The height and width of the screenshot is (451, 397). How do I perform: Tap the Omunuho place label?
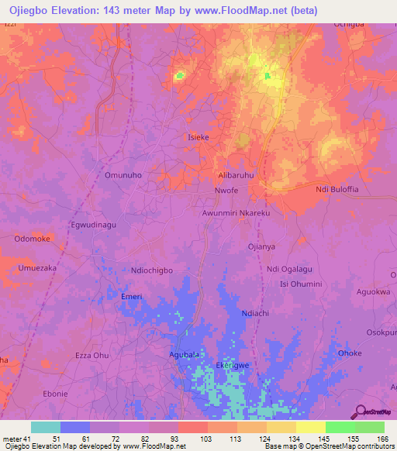pos(123,175)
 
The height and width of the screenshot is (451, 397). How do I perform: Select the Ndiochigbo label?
pos(157,270)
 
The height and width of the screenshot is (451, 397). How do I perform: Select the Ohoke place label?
pos(350,353)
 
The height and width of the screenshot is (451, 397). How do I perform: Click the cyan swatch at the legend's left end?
pos(46,427)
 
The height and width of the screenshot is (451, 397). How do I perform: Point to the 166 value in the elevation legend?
pos(383,439)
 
